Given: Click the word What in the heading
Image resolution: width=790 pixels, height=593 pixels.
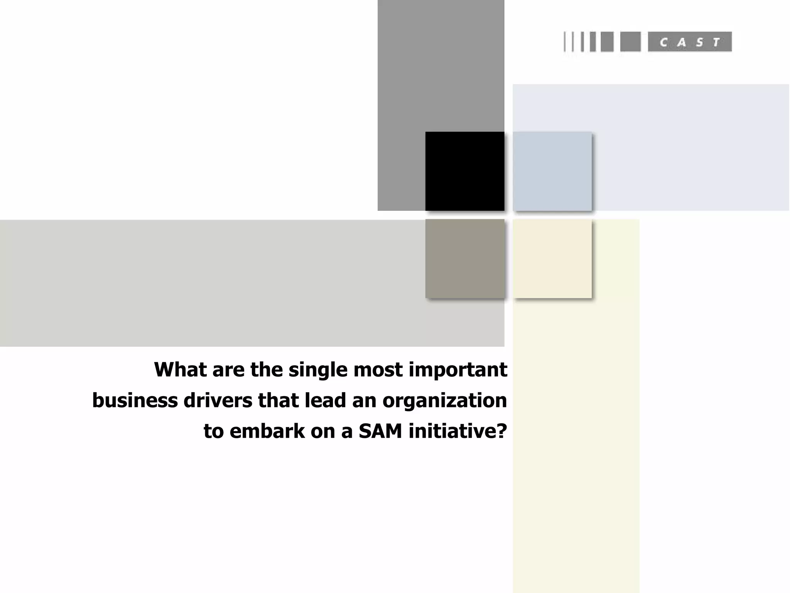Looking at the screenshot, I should (x=180, y=369).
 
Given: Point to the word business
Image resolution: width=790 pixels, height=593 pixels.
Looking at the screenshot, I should (x=135, y=400).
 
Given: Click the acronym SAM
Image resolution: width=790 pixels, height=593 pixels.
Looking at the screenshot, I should (x=380, y=431).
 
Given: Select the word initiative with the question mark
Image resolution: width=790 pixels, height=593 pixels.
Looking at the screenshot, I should (x=457, y=431).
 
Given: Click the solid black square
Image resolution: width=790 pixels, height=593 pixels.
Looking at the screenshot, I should (x=465, y=171).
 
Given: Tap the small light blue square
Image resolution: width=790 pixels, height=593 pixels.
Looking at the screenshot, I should (x=552, y=171).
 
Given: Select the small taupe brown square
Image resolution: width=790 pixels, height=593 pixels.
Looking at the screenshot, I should (x=465, y=259).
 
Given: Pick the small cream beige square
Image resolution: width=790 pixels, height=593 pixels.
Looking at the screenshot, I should (x=552, y=259).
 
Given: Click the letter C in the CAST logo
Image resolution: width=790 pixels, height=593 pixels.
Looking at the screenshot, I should (x=663, y=42).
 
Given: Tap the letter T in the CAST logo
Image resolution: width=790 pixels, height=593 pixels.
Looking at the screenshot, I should (x=716, y=42).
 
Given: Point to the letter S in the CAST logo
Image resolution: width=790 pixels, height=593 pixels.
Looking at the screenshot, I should (x=699, y=42).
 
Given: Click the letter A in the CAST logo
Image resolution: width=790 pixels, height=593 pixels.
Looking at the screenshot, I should (x=682, y=42).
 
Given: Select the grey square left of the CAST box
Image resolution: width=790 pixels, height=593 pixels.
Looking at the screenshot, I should (x=630, y=42).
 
